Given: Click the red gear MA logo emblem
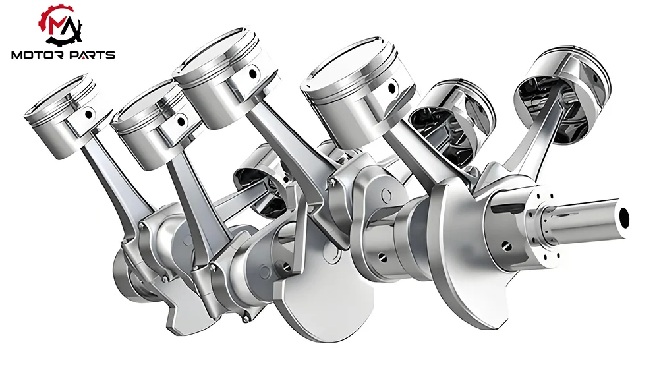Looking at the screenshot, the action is (x=61, y=24).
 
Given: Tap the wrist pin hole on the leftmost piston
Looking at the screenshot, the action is (x=89, y=113).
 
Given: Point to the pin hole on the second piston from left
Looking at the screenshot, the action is (x=181, y=121).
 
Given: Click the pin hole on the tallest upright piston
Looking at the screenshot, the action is (x=252, y=74).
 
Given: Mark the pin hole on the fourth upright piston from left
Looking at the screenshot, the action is (x=391, y=88).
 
